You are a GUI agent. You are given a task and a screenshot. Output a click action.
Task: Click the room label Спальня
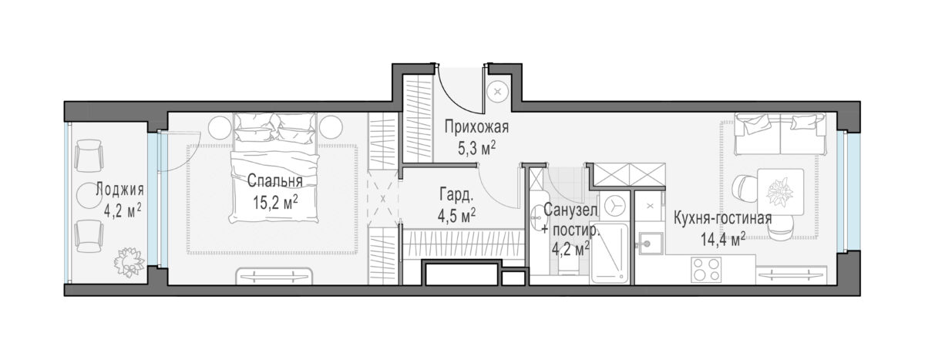274,181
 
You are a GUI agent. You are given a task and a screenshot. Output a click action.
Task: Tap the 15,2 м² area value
275,202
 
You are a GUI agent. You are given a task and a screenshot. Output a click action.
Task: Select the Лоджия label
119,190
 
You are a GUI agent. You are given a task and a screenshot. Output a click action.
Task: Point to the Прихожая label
476,127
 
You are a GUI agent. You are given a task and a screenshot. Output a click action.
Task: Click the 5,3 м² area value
476,148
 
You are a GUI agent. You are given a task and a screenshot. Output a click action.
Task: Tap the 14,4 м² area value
723,239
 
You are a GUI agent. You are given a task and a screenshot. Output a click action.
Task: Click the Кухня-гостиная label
723,218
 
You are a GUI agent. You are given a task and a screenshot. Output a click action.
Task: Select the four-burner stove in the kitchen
706,270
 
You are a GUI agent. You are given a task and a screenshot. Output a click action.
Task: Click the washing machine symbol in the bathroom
614,205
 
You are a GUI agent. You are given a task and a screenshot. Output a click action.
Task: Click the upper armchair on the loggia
88,156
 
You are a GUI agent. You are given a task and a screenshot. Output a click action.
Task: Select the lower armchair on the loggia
89,236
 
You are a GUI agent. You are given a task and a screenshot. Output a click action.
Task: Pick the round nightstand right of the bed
331,127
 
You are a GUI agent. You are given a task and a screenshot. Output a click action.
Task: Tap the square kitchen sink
651,243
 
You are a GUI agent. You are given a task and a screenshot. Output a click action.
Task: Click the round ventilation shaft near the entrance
497,93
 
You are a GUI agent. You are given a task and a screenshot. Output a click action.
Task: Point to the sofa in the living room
779,134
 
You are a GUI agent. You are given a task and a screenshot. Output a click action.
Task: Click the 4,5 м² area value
456,216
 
